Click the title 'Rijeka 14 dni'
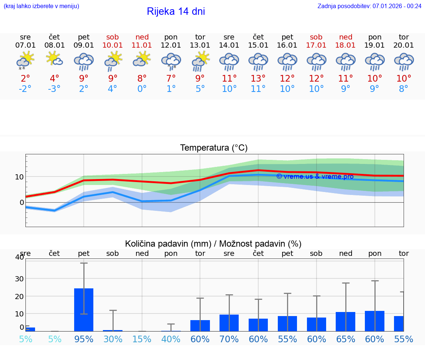pos(176,11)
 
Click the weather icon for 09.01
pos(84,61)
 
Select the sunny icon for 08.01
pos(54,59)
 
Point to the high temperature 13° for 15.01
pos(258,78)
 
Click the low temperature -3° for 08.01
pos(54,89)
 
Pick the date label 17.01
pos(316,45)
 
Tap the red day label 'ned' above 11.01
pos(142,37)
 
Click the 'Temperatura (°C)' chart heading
pos(214,148)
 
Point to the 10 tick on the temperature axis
pos(19,176)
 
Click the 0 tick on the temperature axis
pos(22,202)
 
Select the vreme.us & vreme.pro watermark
pos(315,176)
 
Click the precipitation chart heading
pos(213,244)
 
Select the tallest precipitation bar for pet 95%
pos(84,310)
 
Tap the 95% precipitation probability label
pos(84,339)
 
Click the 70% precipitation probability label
pos(229,339)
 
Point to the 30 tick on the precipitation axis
pos(19,278)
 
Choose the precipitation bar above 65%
pos(346,322)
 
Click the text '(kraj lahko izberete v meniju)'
pos(41,6)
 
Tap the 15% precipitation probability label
pos(142,339)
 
